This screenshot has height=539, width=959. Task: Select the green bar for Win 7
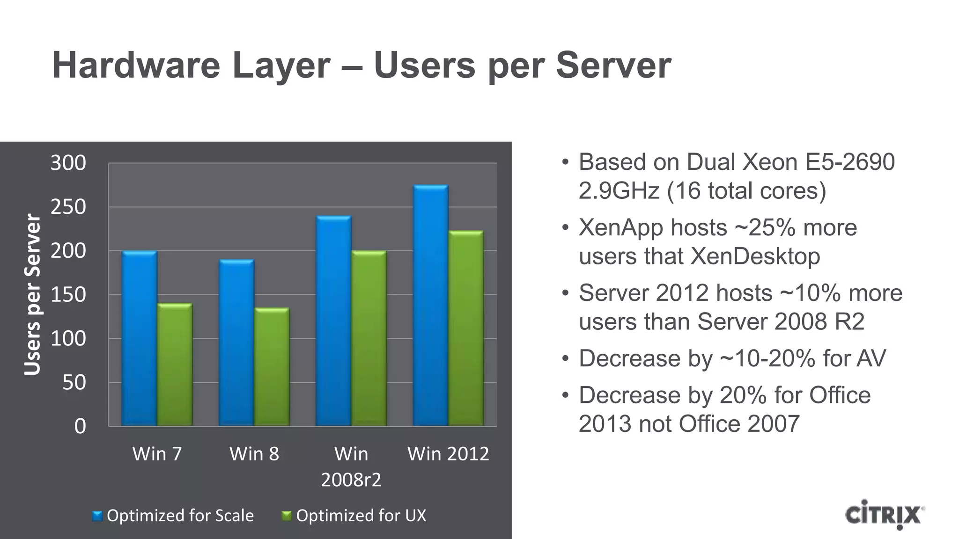pos(175,364)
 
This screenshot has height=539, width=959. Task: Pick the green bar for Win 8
pos(272,367)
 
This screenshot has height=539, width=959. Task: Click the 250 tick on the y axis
pos(68,207)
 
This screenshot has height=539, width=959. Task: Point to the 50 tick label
pos(74,383)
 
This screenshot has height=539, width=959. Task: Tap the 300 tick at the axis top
pos(68,163)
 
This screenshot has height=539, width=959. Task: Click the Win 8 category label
pos(254,454)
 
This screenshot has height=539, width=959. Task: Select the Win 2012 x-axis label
pos(448,454)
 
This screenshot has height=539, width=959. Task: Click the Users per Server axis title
pos(32,294)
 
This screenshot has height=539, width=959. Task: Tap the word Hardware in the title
pos(136,66)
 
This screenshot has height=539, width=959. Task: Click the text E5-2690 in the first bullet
pos(849,162)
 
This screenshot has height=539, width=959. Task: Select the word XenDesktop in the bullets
pos(755,256)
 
